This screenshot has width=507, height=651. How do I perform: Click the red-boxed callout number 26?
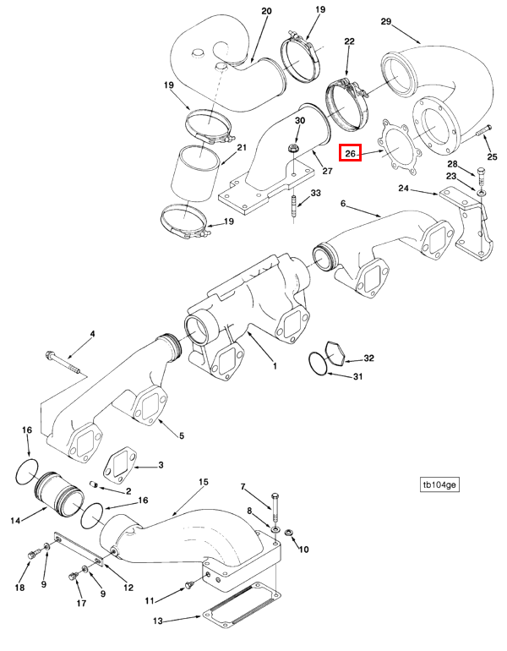tap(350, 153)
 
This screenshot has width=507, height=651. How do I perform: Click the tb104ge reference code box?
tap(439, 485)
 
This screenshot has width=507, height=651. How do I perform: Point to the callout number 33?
tap(316, 194)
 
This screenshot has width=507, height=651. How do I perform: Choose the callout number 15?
tap(203, 482)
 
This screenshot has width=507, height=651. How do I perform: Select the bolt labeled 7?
tap(275, 509)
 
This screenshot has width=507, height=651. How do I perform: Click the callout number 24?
tap(403, 189)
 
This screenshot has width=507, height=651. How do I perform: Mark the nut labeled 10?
tap(289, 532)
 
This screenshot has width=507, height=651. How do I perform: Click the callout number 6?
tap(343, 204)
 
